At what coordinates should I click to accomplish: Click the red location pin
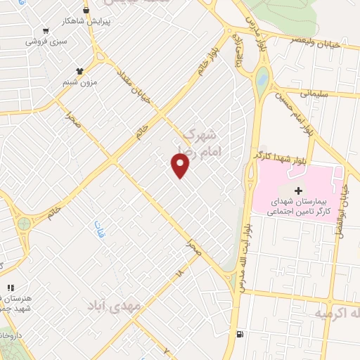point(181,165)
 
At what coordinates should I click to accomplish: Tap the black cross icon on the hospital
point(298,191)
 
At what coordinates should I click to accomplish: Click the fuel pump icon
point(242,333)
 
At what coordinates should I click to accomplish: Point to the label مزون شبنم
point(78,82)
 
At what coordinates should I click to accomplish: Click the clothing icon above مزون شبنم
point(79,71)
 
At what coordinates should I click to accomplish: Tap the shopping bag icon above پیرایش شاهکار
point(86,11)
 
